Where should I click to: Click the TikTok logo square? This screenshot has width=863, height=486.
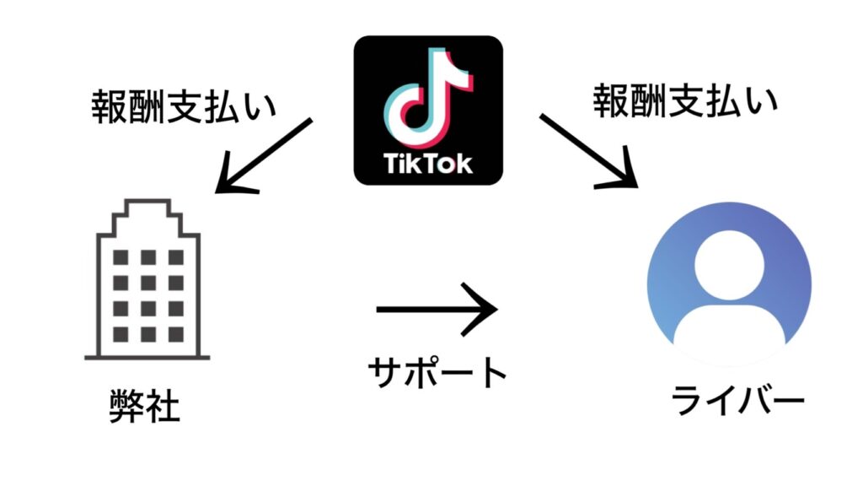[428, 110]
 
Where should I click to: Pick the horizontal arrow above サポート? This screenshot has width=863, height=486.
[437, 309]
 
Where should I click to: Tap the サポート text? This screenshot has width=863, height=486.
[438, 372]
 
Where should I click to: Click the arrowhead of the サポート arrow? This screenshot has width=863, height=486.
[488, 309]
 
